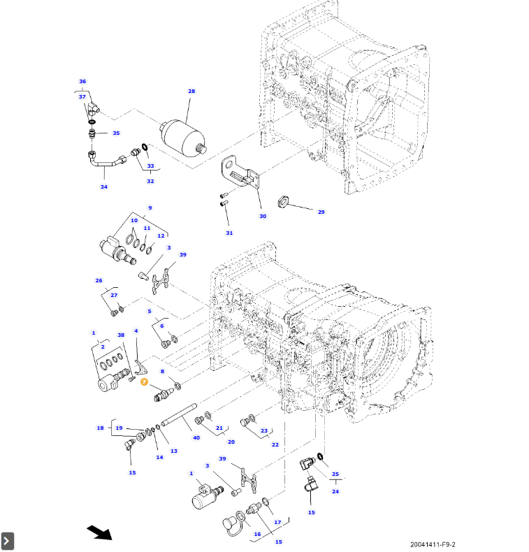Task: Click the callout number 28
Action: pos(191,92)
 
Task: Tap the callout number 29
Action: pos(321,212)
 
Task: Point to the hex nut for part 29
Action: pos(283,203)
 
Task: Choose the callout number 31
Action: pos(229,233)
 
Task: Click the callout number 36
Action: pos(82,82)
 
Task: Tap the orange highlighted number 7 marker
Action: pos(144,382)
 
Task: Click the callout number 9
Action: pos(149,208)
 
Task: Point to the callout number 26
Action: pos(99,280)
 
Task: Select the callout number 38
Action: pos(121,335)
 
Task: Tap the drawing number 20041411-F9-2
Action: pos(437,544)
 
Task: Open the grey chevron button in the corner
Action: pos(8,540)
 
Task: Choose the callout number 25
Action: pos(335,474)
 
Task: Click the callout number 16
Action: pos(257,534)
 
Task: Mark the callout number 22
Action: pos(275,444)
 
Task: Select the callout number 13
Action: pos(174,451)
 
